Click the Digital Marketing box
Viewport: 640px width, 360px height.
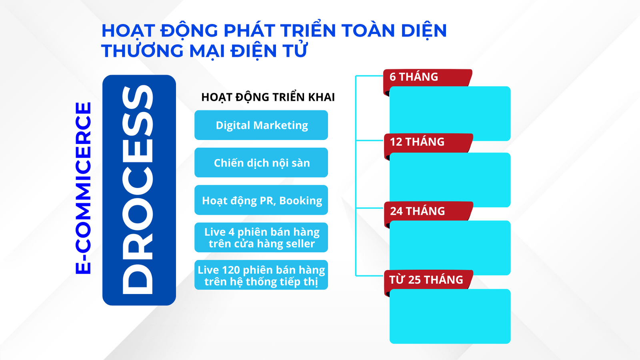click(x=261, y=125)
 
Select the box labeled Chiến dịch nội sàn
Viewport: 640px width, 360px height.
click(x=261, y=162)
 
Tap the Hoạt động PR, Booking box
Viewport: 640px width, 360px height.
click(x=261, y=200)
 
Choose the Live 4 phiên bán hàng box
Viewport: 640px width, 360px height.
click(x=261, y=238)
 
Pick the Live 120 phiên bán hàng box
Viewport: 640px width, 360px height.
click(x=261, y=275)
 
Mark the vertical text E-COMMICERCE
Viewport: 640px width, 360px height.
click(x=83, y=188)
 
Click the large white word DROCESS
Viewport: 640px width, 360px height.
click(x=138, y=190)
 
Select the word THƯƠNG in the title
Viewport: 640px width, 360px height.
click(x=142, y=51)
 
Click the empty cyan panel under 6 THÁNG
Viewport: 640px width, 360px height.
click(x=450, y=114)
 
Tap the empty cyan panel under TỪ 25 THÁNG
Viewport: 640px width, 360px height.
click(x=450, y=316)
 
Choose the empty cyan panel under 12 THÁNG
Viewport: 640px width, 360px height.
click(x=450, y=180)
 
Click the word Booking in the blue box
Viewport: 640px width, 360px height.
click(x=300, y=201)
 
